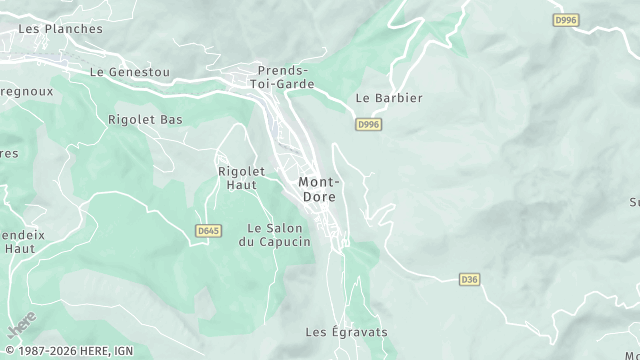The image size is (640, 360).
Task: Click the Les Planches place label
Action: tap(60, 29)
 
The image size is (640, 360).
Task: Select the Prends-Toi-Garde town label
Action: tap(286, 77)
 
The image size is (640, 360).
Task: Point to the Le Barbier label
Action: tap(389, 98)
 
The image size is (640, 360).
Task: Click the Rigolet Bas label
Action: tap(145, 119)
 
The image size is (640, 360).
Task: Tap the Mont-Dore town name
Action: tap(319, 189)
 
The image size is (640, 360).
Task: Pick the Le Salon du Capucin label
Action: tap(275, 235)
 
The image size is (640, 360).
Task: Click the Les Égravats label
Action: tap(346, 331)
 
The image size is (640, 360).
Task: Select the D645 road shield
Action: tap(208, 231)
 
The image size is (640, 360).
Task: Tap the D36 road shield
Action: tap(470, 279)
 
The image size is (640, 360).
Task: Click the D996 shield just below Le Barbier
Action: tap(368, 124)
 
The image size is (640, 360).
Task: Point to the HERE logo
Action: tap(21, 326)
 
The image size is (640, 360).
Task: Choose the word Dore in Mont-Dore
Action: tap(319, 196)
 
